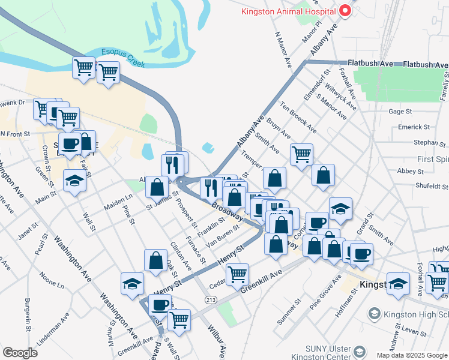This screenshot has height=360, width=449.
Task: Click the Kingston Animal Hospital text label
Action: [287, 11]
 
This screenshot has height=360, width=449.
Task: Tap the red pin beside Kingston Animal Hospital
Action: [345, 10]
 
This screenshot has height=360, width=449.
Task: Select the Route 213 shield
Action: [211, 299]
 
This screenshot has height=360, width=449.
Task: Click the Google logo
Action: [20, 353]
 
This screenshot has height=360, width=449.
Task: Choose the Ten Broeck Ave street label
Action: [303, 118]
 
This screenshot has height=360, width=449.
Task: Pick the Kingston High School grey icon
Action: [374, 314]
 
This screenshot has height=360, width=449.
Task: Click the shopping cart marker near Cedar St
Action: [238, 274]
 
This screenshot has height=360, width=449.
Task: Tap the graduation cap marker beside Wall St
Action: [74, 179]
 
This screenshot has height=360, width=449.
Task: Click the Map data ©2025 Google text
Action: [411, 355]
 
